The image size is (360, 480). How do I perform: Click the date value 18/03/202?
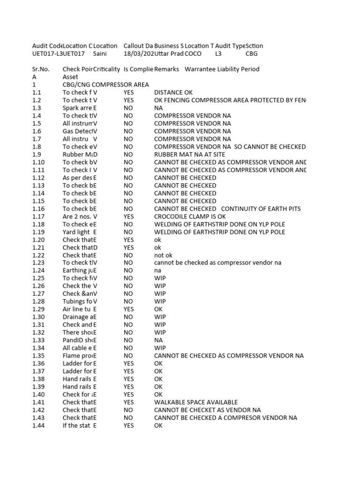pos(138,54)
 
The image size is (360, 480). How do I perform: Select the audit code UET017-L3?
pos(47,54)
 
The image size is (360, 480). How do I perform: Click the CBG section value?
pos(252,54)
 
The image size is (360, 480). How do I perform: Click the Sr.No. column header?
pos(41,69)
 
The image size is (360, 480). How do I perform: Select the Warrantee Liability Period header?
pos(222,69)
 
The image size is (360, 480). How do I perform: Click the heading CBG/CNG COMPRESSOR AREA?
pos(105,85)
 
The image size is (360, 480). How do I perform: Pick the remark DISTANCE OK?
pos(173,93)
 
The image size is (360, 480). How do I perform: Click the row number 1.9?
pos(37,155)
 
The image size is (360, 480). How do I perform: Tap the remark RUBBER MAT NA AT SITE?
pos(189,155)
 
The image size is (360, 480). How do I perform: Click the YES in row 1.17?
pos(129,217)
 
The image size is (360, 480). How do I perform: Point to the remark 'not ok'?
pos(164,255)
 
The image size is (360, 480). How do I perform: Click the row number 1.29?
pos(38,309)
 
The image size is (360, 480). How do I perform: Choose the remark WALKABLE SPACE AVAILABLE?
pos(196,402)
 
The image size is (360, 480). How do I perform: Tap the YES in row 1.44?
pos(129,426)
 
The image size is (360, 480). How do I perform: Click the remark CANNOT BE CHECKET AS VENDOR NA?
pos(207,410)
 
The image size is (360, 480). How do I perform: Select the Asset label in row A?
pos(70,77)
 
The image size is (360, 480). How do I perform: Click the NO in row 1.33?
pos(128,340)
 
